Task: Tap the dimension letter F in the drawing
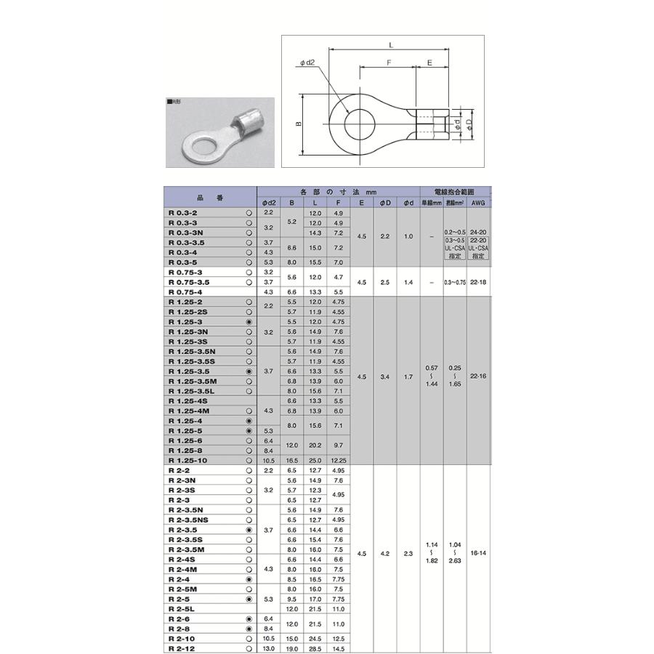(389, 63)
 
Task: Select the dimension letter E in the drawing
(430, 63)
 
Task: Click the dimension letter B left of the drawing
(298, 124)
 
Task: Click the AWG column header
(478, 203)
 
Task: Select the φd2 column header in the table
(268, 203)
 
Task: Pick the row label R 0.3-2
(182, 213)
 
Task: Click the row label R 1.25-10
(187, 461)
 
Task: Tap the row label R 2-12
(182, 648)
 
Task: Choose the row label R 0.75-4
(185, 291)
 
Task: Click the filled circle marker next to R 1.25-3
(249, 321)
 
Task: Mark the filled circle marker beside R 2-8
(249, 629)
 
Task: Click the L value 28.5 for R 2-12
(315, 648)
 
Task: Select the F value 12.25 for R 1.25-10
(339, 461)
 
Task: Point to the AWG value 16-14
(478, 554)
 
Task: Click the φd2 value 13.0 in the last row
(268, 648)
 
